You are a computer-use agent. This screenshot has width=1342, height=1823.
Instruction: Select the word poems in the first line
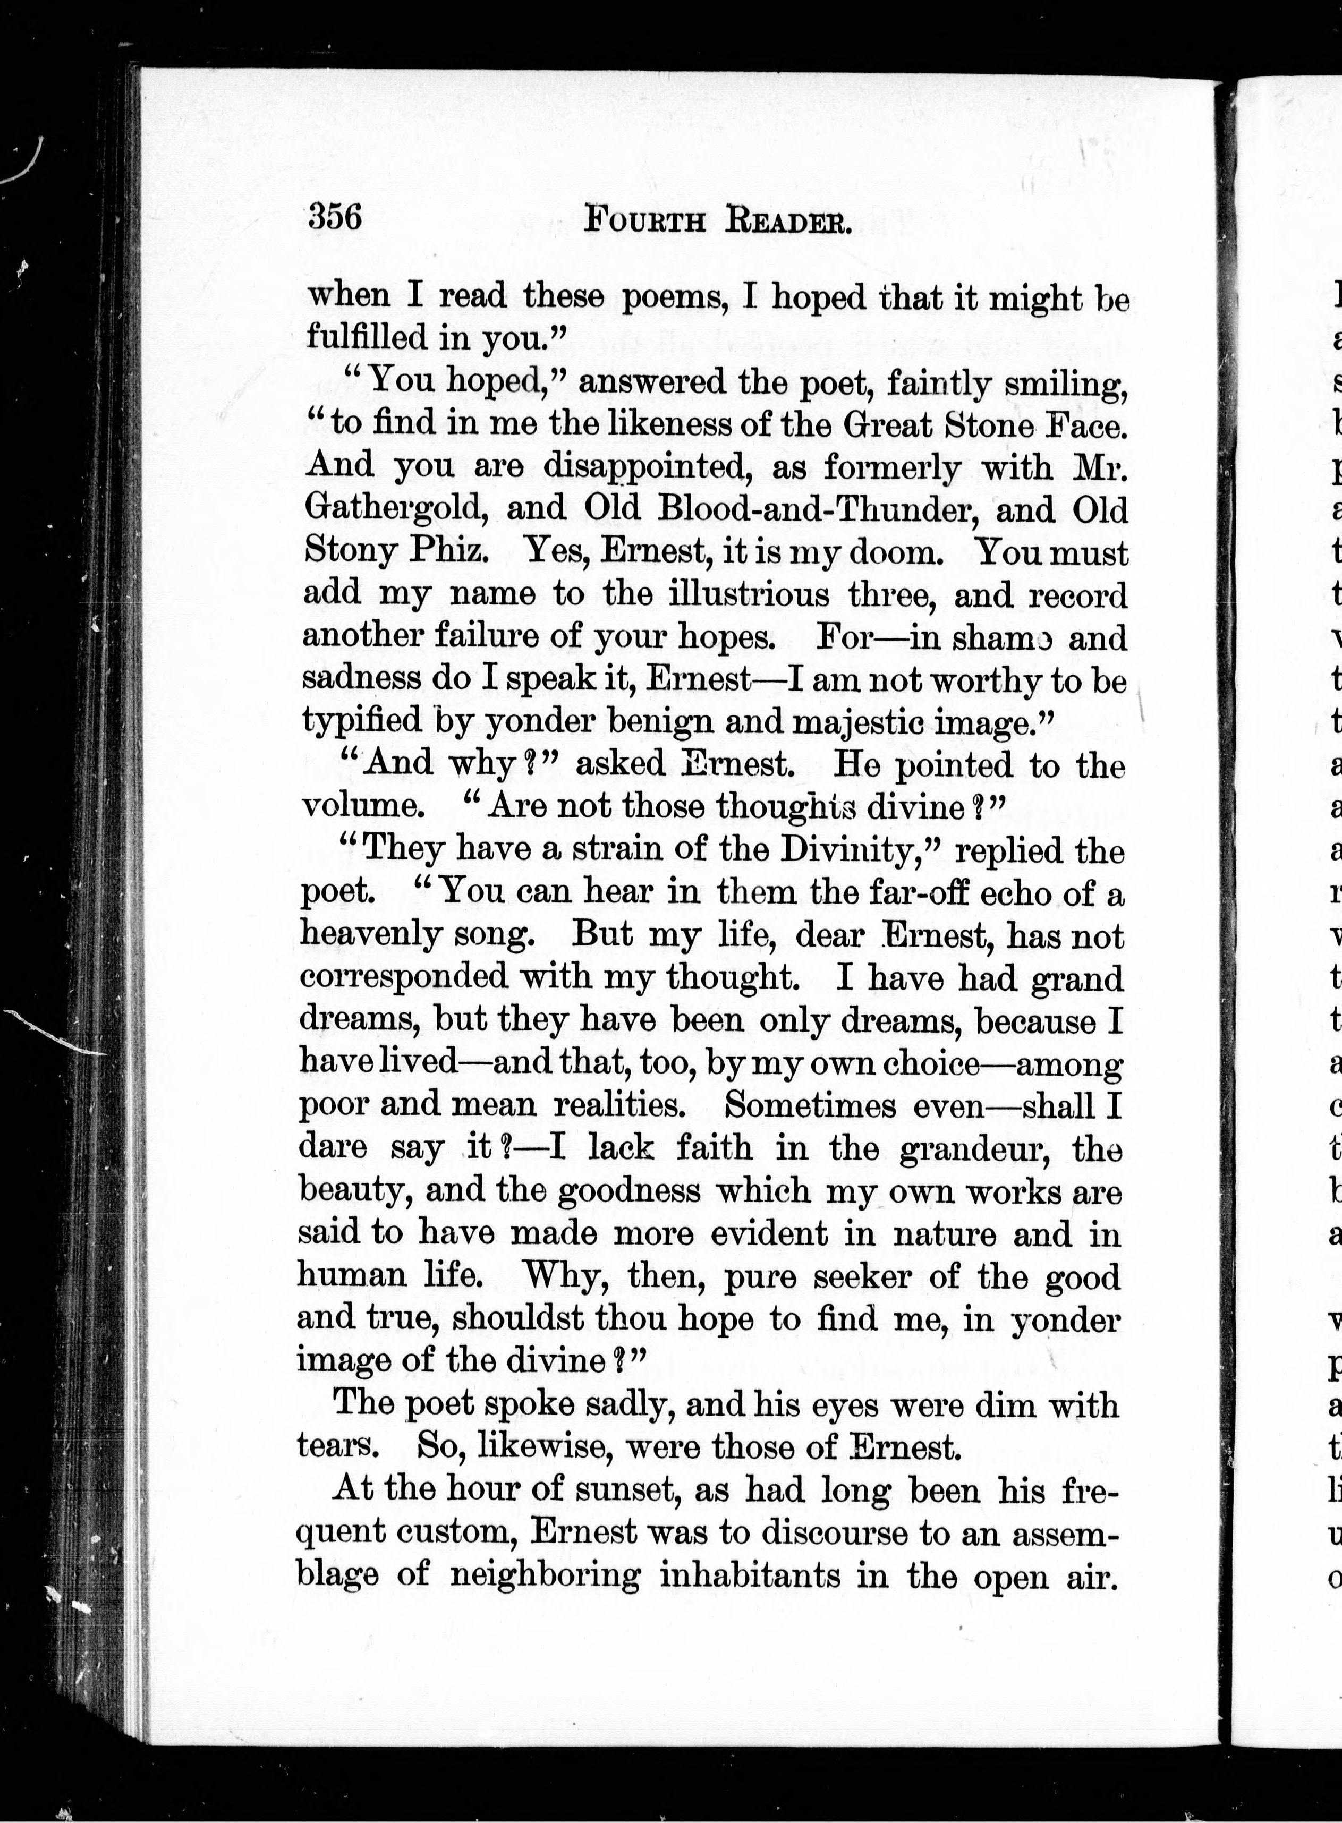[679, 297]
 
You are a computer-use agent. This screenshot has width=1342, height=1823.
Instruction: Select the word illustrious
[748, 594]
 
